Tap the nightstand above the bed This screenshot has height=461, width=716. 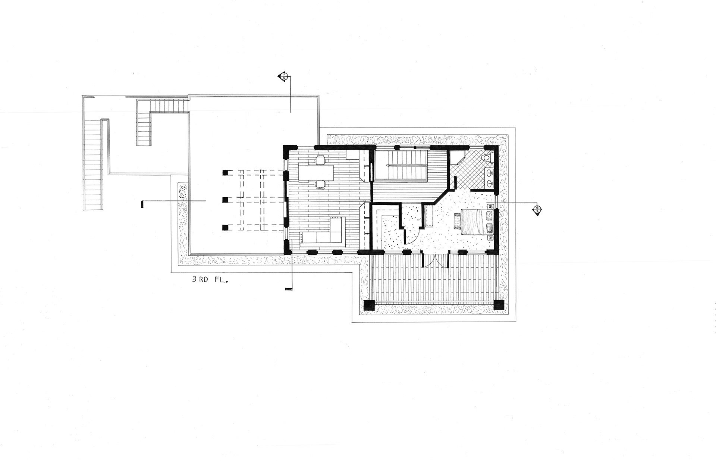coord(491,206)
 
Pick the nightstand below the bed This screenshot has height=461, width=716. coord(491,237)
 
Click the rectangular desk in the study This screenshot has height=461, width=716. coord(316,172)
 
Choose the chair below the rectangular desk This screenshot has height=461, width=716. coord(320,184)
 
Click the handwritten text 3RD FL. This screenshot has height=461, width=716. coord(210,280)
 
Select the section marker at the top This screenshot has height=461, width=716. coord(283,77)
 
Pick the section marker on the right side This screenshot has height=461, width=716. coord(537,210)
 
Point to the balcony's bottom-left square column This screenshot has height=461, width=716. coord(369,305)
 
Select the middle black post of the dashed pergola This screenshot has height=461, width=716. coord(225,200)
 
